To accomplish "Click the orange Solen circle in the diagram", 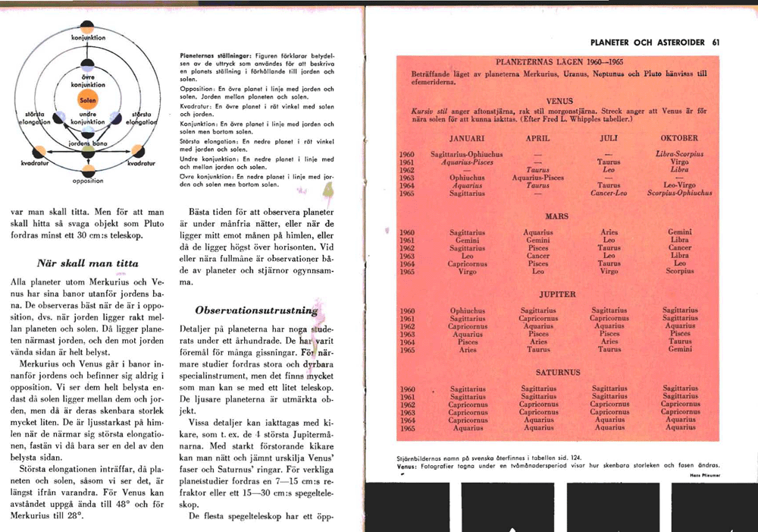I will [x=88, y=100].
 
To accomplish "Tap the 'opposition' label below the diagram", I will [x=88, y=181].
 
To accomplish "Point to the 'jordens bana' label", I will [x=86, y=142].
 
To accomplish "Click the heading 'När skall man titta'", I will [x=88, y=263].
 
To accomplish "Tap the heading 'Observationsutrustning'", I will [x=254, y=310].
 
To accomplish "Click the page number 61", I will [x=716, y=42].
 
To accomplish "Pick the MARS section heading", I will [x=557, y=217].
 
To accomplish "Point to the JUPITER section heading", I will [x=557, y=294].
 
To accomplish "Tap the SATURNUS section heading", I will [x=557, y=373].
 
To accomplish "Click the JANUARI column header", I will [x=466, y=139].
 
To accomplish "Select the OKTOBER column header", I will [x=679, y=139].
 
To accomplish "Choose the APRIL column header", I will [x=537, y=139].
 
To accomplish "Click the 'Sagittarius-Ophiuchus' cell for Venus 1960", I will [x=466, y=154].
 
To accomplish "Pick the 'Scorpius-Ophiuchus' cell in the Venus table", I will [x=679, y=193].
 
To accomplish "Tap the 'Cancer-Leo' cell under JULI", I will [x=609, y=193].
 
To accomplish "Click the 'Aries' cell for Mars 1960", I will [x=609, y=232].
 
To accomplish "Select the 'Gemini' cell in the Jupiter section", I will [x=679, y=349].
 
